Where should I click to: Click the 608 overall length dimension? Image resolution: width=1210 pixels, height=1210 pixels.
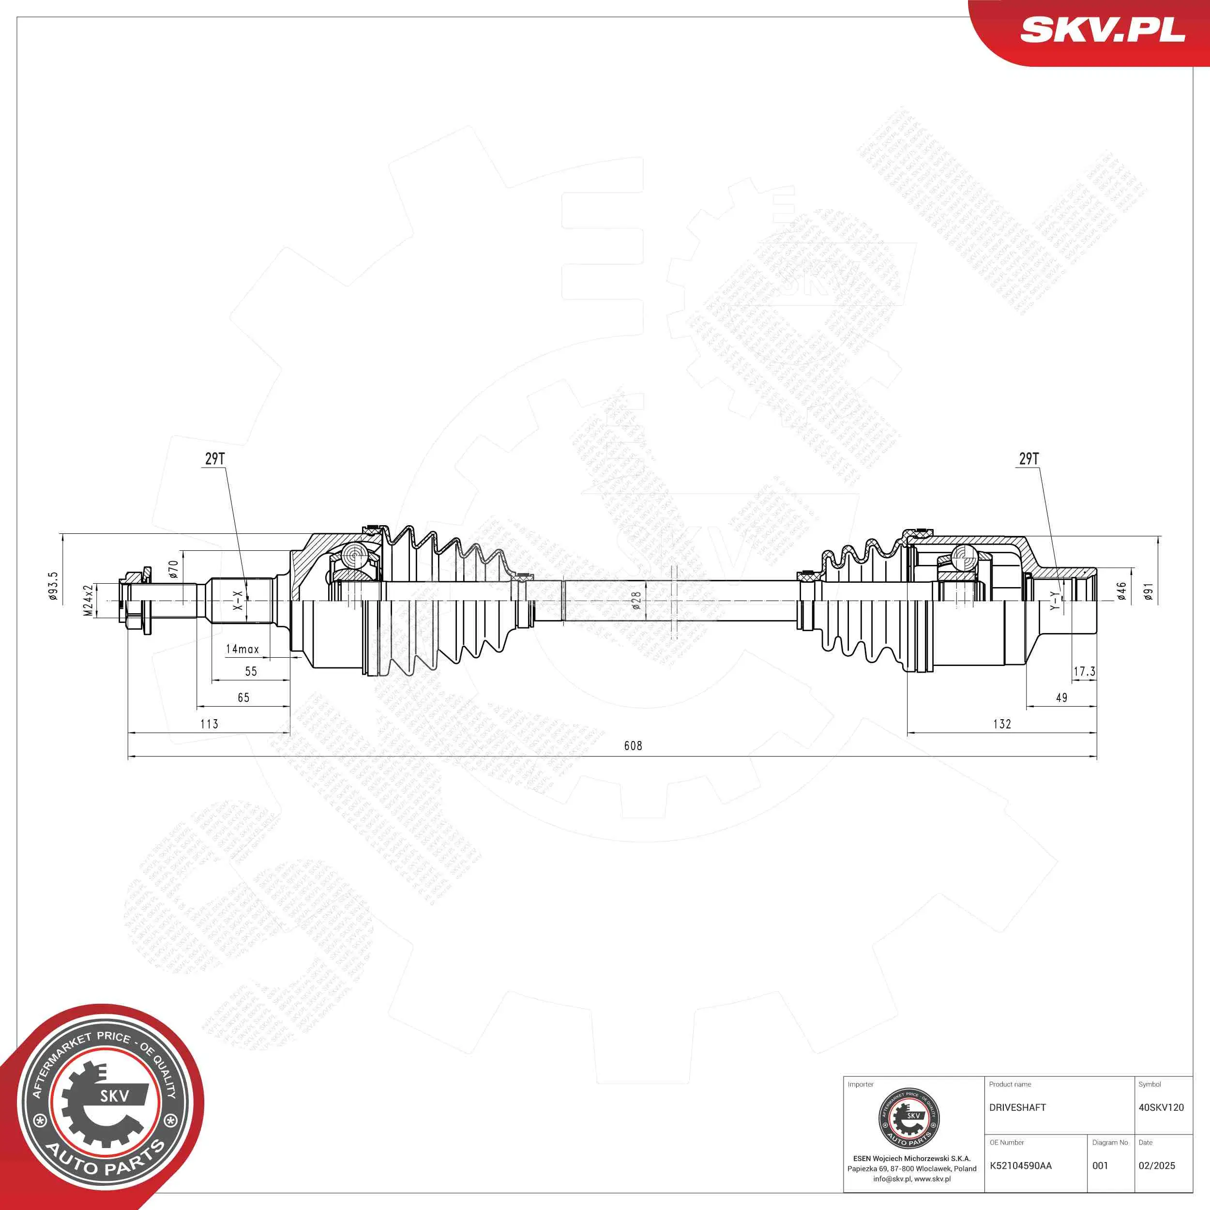633,745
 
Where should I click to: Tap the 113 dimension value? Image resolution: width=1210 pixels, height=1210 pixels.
209,724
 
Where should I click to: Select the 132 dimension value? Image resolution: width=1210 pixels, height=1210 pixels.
1002,724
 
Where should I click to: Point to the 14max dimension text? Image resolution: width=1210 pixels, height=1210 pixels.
242,650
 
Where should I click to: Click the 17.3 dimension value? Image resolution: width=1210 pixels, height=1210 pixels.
1084,671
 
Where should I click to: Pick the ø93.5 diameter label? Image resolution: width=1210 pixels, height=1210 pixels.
53,586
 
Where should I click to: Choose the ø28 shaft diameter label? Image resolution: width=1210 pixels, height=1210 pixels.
636,601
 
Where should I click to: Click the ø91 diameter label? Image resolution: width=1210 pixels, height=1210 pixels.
1148,592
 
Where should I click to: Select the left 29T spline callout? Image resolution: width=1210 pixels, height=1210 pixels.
215,458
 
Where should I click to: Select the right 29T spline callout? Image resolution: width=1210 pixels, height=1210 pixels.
1029,458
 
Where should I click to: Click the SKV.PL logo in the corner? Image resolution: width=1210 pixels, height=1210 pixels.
1102,30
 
